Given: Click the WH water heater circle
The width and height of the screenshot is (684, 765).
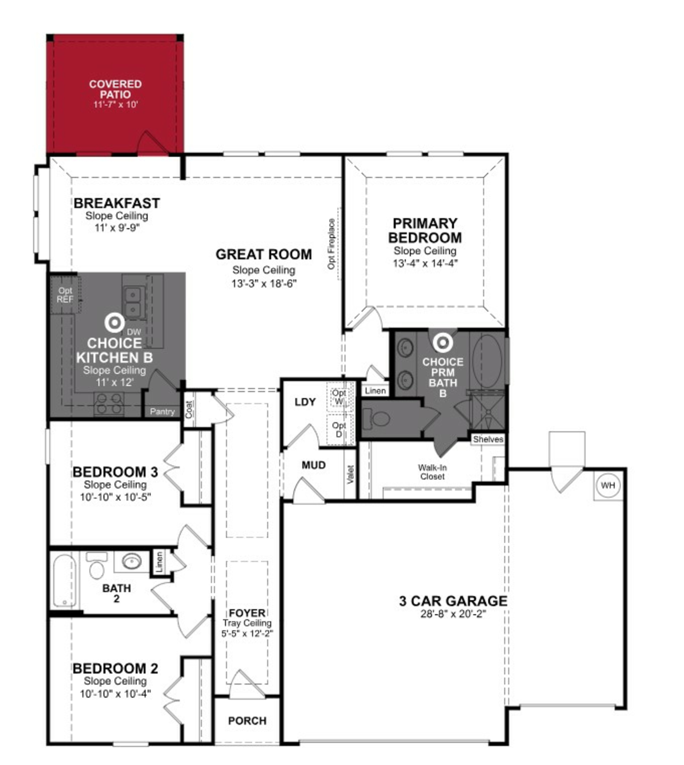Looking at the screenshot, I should (608, 485).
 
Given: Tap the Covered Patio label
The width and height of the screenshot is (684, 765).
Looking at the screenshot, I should (115, 89).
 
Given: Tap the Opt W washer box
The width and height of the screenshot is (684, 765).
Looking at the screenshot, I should (339, 397).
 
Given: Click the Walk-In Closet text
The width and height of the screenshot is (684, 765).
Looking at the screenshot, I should (432, 472).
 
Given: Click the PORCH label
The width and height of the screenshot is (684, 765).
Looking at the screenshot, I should (247, 721).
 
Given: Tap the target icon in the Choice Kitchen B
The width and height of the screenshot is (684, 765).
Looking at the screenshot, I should (115, 322).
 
